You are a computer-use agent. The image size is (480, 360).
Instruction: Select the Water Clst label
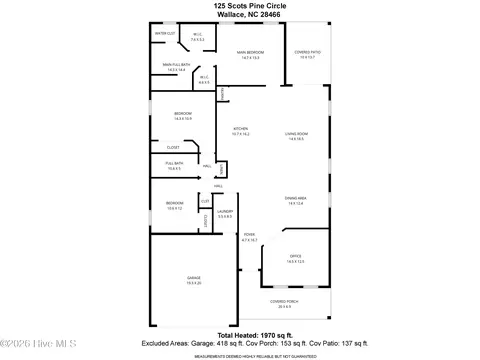click(x=163, y=34)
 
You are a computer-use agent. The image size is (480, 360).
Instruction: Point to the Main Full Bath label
click(x=177, y=67)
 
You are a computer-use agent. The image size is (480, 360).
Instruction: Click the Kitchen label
click(x=240, y=130)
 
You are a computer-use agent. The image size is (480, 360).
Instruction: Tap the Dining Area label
click(x=296, y=201)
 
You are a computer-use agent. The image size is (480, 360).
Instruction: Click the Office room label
click(x=295, y=258)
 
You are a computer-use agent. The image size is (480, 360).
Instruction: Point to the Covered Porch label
click(x=281, y=303)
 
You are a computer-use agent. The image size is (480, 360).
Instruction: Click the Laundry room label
click(x=225, y=213)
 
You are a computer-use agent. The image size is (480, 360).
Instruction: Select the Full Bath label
click(x=173, y=166)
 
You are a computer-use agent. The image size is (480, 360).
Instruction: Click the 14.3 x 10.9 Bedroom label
click(x=183, y=116)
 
